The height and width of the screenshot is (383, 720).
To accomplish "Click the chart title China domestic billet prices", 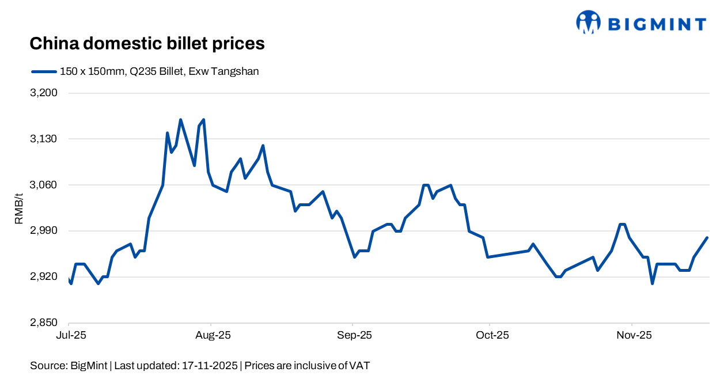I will [x=147, y=44].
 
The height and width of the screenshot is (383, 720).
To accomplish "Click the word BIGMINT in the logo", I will [x=657, y=24].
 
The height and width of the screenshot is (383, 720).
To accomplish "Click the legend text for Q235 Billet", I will [x=160, y=71].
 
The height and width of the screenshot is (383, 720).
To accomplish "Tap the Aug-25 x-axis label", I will [x=211, y=336].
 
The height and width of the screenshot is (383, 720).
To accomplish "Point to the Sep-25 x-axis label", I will [x=353, y=336].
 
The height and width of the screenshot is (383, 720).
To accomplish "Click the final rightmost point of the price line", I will [x=707, y=238].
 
